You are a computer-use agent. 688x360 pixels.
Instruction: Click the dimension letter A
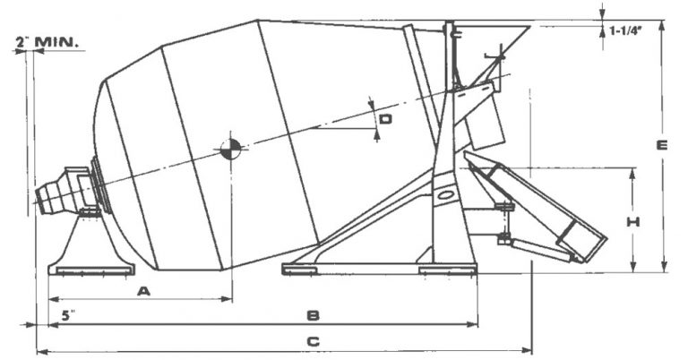tap(143, 289)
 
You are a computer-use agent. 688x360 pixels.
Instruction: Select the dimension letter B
tap(313, 315)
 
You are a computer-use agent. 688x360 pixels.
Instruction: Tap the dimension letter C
tap(313, 341)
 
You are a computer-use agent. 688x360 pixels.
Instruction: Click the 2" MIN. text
tap(47, 41)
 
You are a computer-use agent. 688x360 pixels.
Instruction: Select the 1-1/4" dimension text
tap(629, 30)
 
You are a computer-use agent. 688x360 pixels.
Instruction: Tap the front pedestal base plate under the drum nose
tap(91, 267)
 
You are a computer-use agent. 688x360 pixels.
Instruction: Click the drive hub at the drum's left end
tap(67, 191)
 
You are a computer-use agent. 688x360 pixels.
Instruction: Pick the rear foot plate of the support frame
tap(447, 268)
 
